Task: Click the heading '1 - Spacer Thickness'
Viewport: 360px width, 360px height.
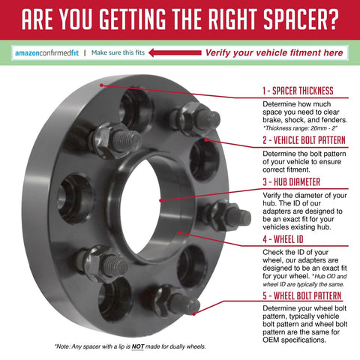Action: click(298, 91)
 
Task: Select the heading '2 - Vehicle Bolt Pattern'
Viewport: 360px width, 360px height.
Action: click(304, 140)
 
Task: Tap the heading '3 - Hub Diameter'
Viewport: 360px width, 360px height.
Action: click(291, 181)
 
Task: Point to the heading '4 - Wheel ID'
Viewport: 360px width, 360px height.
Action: click(283, 239)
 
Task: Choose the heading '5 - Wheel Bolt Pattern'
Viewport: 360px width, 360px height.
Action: click(302, 295)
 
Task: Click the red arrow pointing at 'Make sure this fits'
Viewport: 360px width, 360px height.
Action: click(175, 52)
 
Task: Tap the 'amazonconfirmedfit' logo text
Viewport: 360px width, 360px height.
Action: click(47, 53)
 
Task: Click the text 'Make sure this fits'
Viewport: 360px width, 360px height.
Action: click(118, 52)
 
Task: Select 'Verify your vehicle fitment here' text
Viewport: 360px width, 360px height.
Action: click(274, 52)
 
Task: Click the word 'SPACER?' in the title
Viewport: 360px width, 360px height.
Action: click(301, 19)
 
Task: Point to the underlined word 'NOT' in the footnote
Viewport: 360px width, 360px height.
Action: click(138, 346)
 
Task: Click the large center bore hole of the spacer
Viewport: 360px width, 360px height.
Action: click(140, 206)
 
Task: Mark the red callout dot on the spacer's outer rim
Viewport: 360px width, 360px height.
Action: click(101, 85)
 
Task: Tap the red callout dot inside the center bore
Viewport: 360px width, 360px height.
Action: click(160, 200)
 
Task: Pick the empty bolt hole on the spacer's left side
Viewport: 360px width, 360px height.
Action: click(76, 199)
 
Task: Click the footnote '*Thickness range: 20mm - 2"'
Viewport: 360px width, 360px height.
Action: click(300, 128)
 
